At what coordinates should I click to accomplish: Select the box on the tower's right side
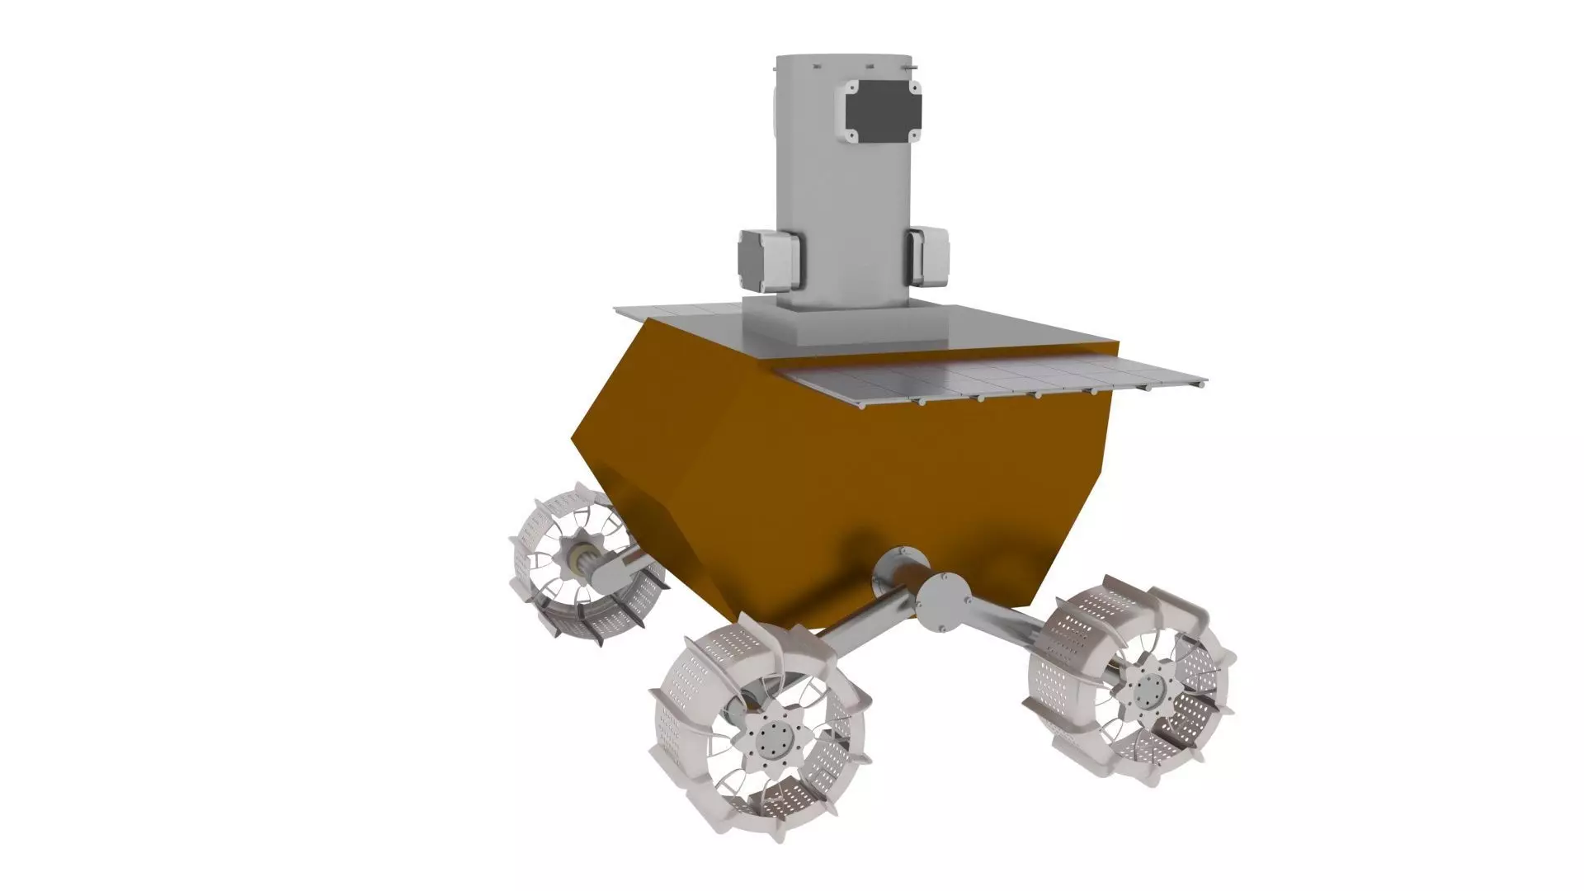click(926, 257)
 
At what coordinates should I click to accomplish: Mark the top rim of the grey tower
click(841, 58)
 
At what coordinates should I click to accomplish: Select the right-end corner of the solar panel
click(1206, 382)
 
